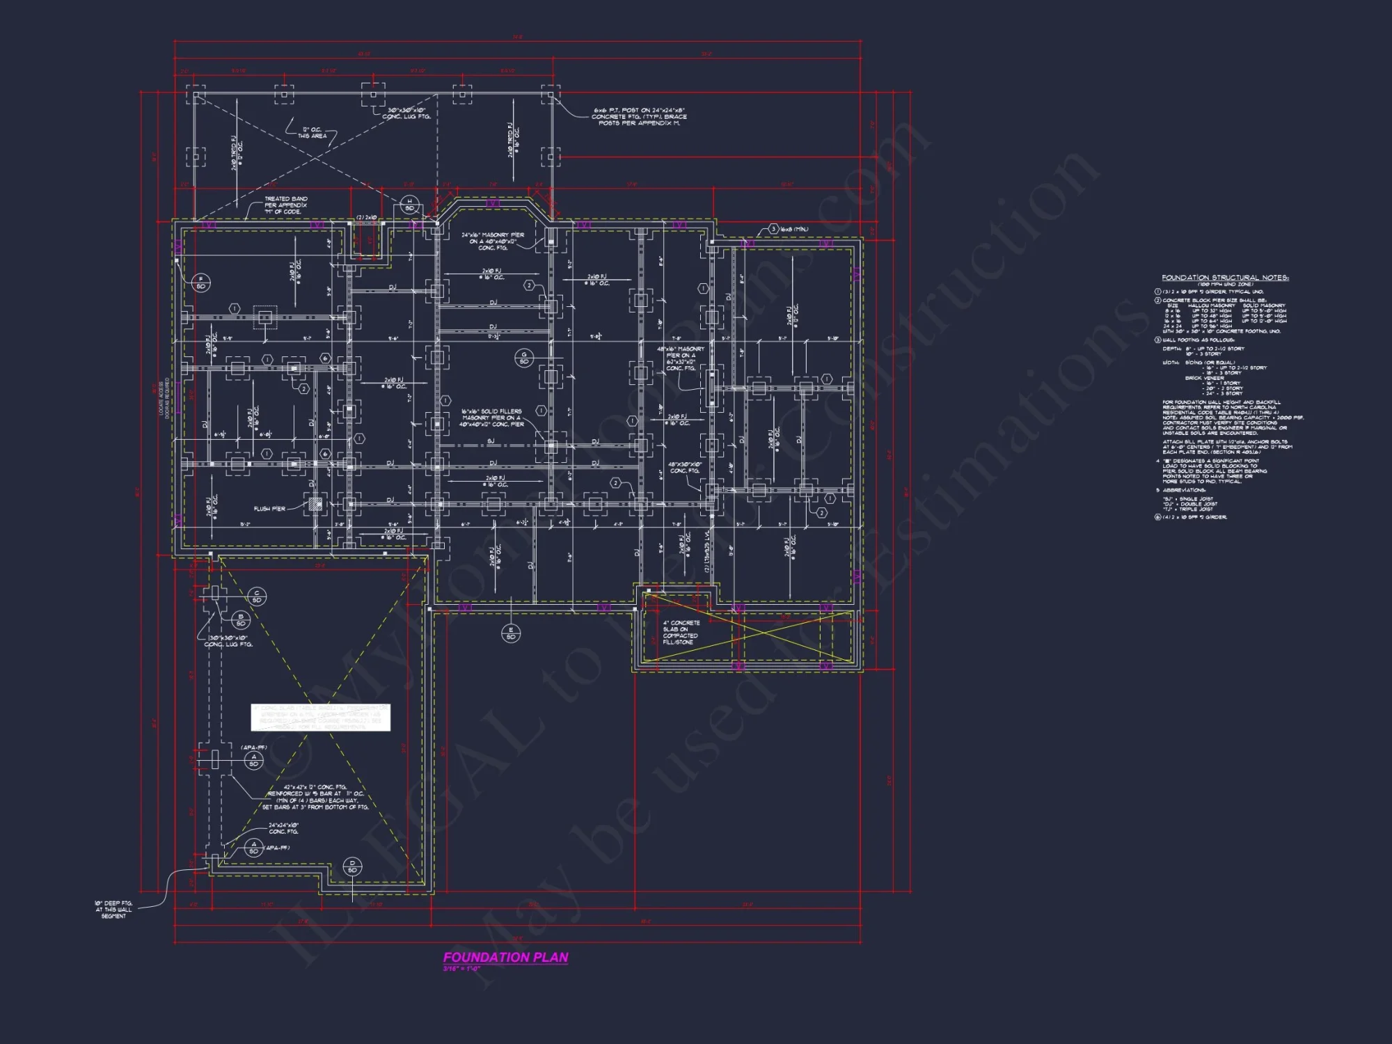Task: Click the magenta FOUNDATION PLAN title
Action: [506, 957]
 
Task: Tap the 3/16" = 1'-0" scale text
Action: [461, 969]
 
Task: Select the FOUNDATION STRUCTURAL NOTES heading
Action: [1225, 278]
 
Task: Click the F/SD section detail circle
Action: [201, 283]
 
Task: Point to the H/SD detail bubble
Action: [409, 205]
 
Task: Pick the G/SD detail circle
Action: [524, 358]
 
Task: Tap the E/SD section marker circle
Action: [511, 633]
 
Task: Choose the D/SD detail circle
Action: [352, 867]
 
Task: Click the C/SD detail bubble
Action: [257, 596]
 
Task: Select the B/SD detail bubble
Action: [241, 619]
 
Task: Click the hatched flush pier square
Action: [315, 503]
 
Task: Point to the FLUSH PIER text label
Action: [269, 509]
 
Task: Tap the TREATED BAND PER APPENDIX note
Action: [285, 205]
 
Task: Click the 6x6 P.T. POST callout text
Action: [639, 116]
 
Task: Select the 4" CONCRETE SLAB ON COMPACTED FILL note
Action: [681, 633]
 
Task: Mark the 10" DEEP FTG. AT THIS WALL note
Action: [113, 910]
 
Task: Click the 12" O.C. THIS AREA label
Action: [312, 133]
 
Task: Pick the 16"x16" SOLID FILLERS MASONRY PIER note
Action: [491, 418]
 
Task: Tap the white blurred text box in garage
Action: [321, 718]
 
